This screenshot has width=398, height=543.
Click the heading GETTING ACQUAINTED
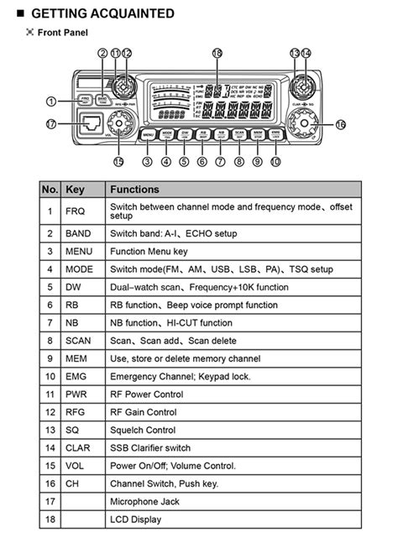(x=102, y=13)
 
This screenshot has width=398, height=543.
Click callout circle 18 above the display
(x=217, y=52)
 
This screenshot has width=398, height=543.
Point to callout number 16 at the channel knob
(x=340, y=125)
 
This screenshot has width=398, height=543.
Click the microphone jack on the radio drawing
(x=91, y=124)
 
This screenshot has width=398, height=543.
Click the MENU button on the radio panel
(x=148, y=134)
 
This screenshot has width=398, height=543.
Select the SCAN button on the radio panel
(x=239, y=134)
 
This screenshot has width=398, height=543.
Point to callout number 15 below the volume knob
(x=118, y=161)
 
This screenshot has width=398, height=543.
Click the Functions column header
(x=134, y=190)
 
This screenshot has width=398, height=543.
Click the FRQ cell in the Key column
(x=76, y=210)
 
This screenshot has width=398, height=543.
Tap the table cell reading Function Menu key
(x=149, y=251)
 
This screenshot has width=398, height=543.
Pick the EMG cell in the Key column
(x=76, y=377)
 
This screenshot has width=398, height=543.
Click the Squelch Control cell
(x=142, y=430)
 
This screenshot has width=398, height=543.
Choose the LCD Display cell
(x=136, y=520)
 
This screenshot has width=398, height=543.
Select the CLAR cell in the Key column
(x=77, y=448)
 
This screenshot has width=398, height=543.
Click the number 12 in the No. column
(x=50, y=412)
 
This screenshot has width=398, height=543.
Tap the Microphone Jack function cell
(x=145, y=502)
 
